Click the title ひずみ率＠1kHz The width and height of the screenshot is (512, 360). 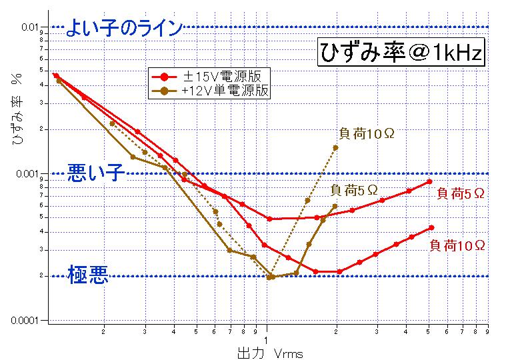pyautogui.click(x=399, y=53)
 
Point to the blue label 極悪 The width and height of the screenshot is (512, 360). pyautogui.click(x=88, y=275)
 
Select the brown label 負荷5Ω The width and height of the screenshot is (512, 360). pyautogui.click(x=354, y=191)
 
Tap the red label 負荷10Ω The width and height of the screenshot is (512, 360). pyautogui.click(x=457, y=245)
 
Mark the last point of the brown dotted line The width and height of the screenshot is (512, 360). pyautogui.click(x=335, y=147)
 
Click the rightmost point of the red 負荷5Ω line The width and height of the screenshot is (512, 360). pyautogui.click(x=431, y=181)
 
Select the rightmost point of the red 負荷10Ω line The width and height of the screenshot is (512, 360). pyautogui.click(x=431, y=227)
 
